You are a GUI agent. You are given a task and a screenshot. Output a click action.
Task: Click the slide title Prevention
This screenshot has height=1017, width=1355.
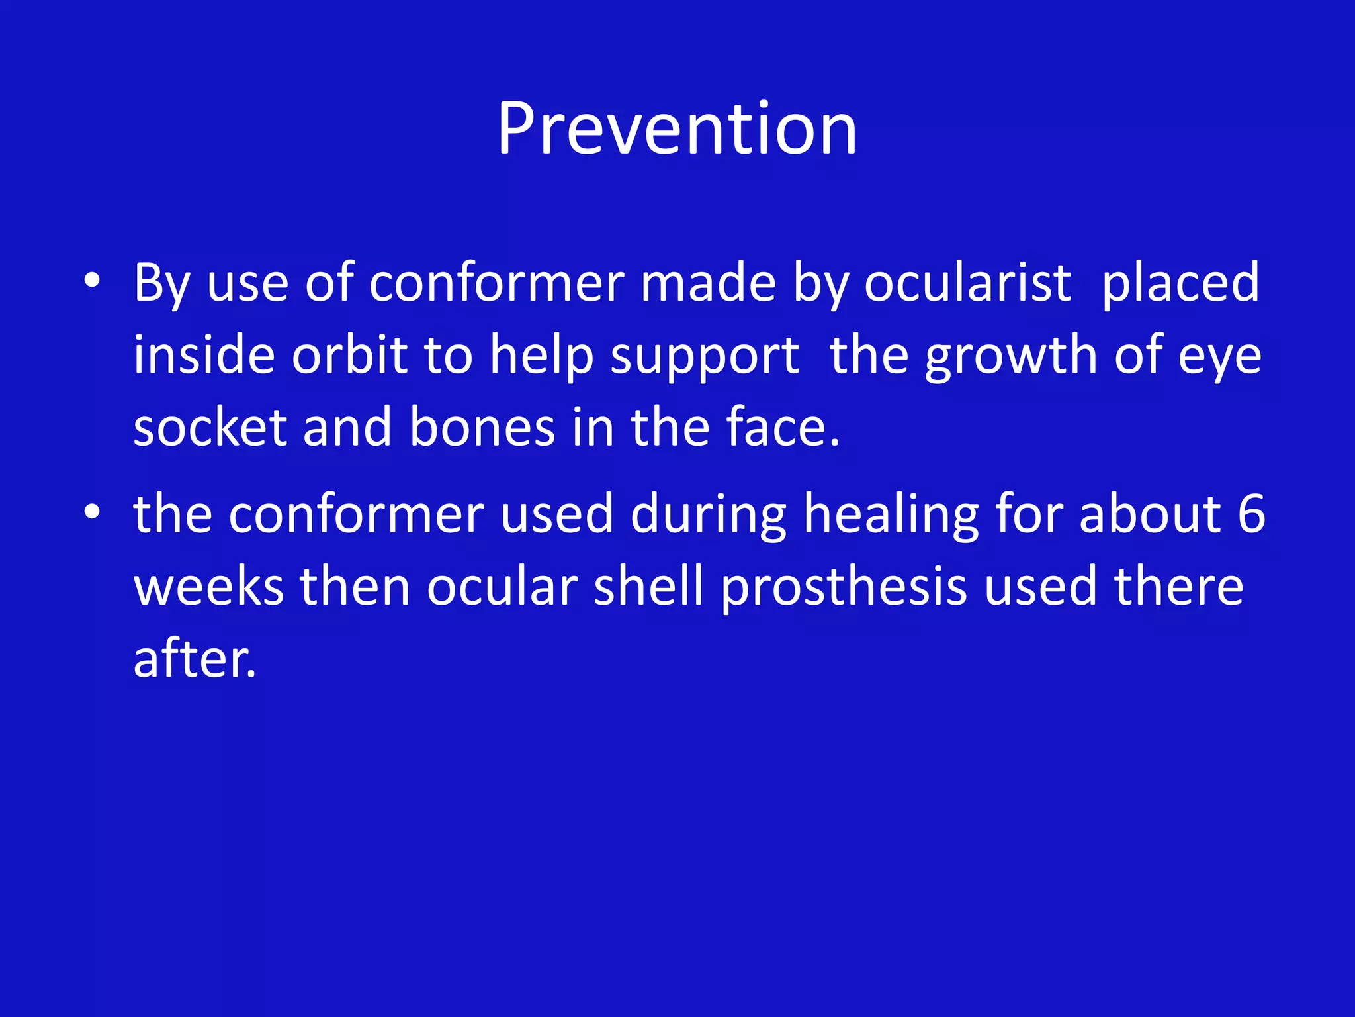677,129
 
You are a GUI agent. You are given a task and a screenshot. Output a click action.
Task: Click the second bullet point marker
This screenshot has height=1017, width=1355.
92,512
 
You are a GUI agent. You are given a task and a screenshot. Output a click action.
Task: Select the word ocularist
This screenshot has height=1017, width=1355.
967,283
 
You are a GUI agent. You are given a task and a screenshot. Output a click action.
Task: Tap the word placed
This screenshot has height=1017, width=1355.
1180,283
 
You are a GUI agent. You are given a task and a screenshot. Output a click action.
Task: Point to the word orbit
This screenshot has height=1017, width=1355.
349,356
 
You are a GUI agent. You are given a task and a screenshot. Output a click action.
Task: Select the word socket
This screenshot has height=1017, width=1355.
210,428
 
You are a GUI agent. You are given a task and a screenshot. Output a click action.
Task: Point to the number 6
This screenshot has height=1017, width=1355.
1250,514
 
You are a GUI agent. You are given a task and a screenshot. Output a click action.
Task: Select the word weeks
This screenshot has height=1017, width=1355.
208,587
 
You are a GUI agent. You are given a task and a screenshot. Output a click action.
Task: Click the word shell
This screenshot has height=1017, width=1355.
648,587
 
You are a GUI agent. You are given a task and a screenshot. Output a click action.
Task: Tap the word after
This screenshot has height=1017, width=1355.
194,659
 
